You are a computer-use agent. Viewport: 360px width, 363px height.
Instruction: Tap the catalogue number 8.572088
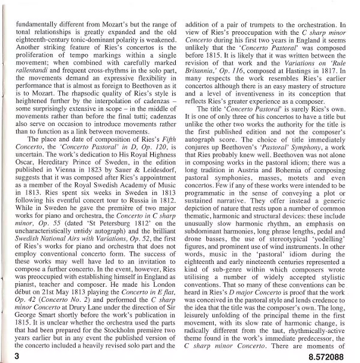point(328,355)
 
